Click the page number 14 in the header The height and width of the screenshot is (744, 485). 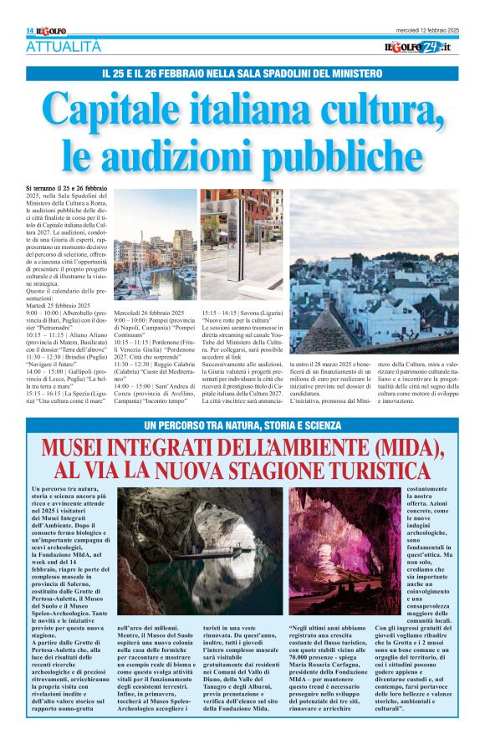29,31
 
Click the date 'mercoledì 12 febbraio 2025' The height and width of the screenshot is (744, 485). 427,30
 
